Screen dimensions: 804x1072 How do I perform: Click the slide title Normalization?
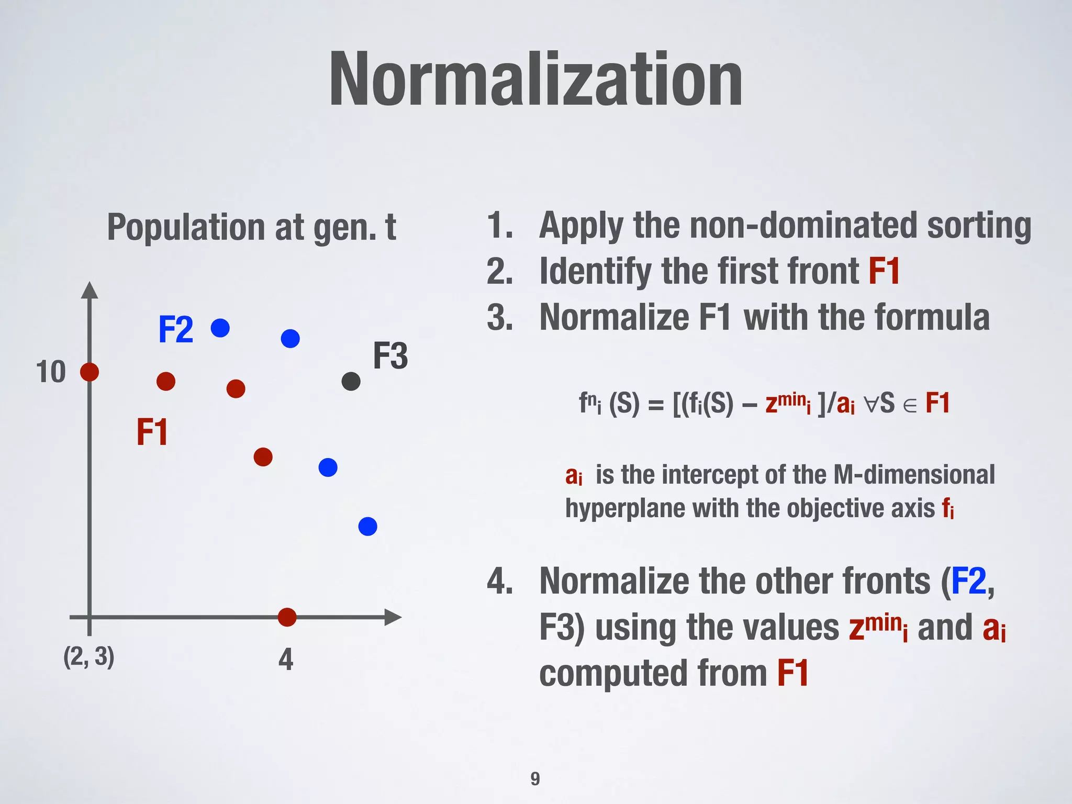535,80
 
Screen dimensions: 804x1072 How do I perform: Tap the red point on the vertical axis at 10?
90,372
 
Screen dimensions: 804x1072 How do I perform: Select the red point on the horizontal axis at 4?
287,617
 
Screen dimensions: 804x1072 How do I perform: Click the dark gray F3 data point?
351,381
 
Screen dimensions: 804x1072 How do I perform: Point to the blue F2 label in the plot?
176,330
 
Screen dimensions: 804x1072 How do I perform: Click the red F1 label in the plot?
152,432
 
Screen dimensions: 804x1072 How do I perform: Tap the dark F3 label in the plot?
390,356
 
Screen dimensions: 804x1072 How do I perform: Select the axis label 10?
51,372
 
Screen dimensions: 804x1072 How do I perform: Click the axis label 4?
286,659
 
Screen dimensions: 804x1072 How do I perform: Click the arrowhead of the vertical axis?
90,290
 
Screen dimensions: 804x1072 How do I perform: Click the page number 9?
535,779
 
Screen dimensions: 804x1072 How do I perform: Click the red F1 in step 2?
884,271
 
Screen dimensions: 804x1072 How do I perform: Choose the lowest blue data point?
367,526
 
